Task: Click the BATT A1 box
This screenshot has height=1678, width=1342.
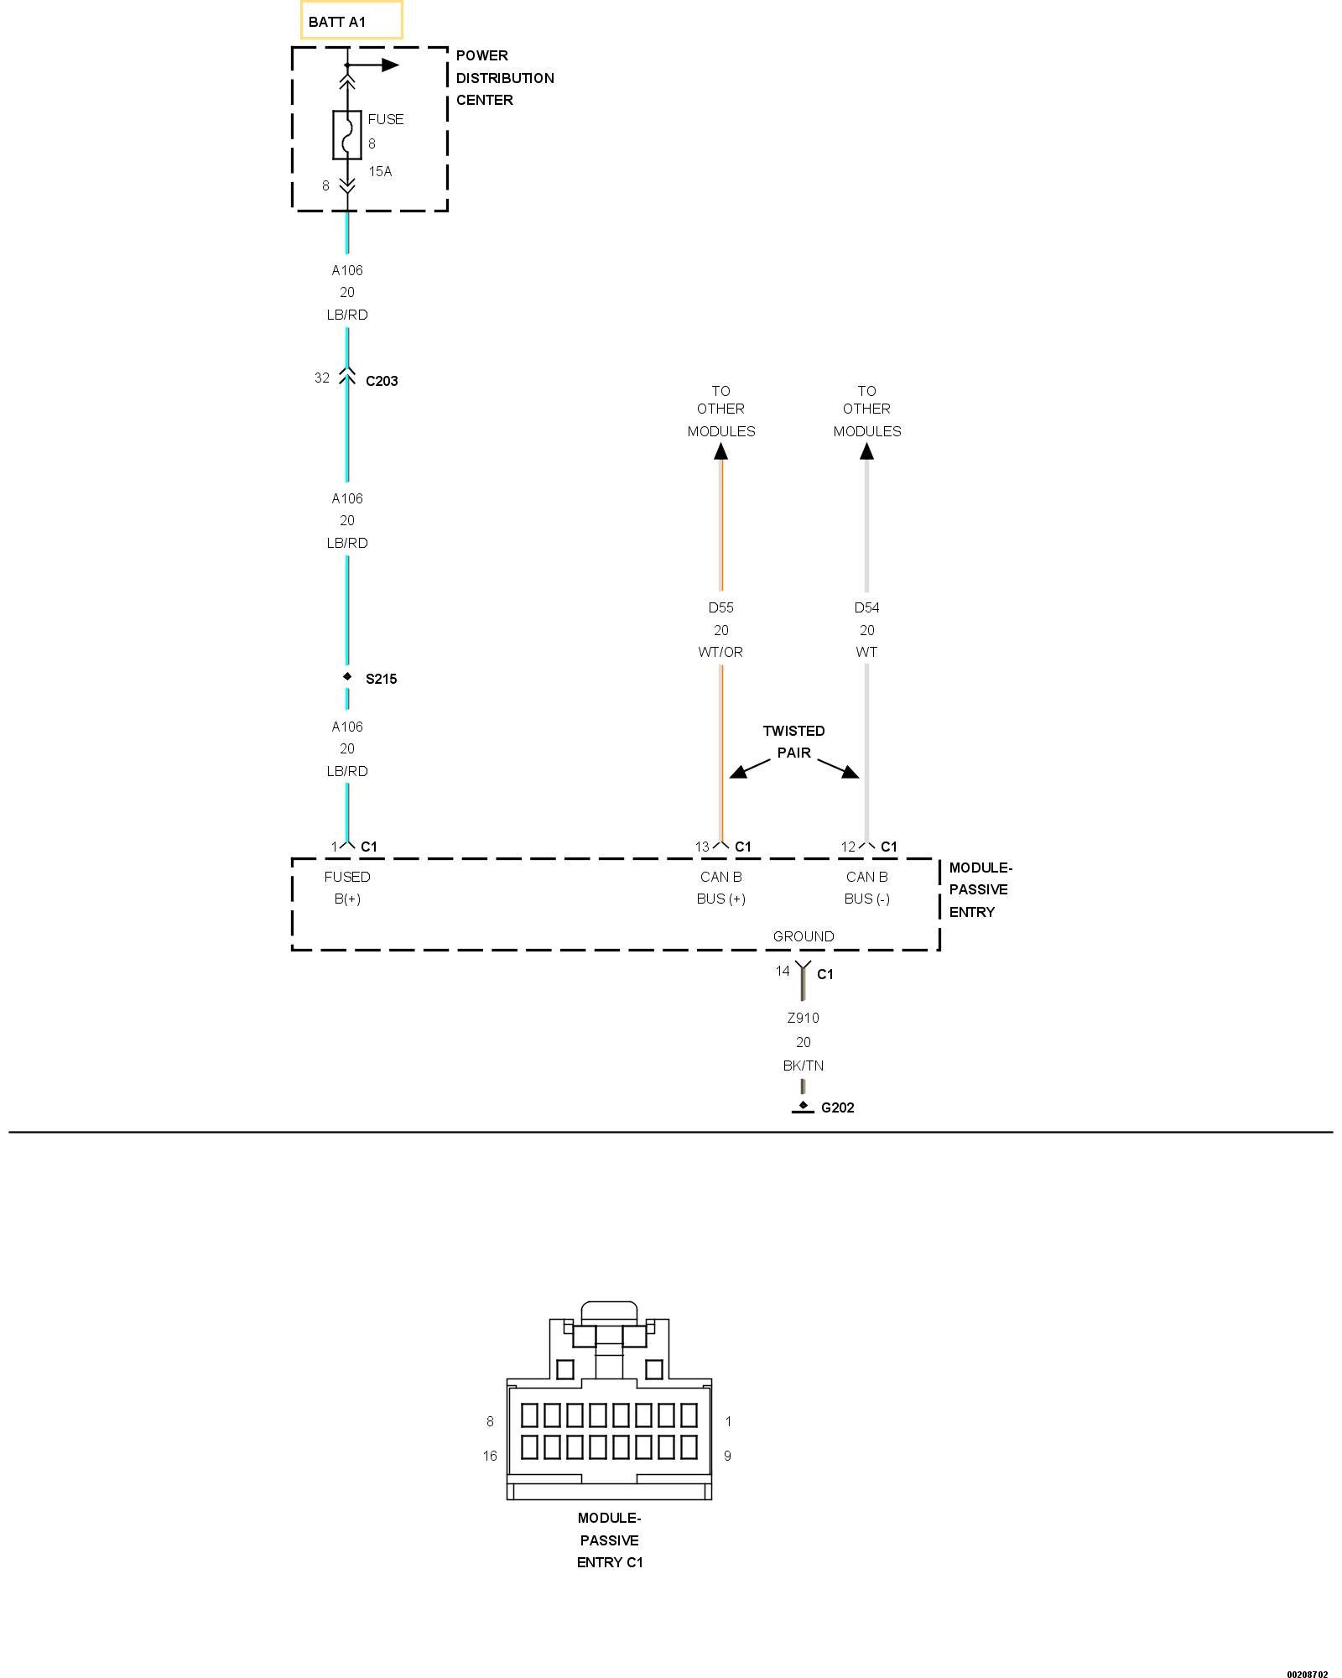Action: click(x=351, y=21)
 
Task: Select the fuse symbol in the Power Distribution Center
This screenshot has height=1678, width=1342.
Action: click(x=347, y=134)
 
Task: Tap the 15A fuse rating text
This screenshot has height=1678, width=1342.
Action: click(x=380, y=171)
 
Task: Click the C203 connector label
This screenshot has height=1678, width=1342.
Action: click(x=382, y=381)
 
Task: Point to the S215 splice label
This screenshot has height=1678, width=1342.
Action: click(x=381, y=679)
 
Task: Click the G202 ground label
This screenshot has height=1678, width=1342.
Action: click(x=837, y=1107)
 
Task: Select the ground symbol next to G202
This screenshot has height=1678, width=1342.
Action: click(x=803, y=1108)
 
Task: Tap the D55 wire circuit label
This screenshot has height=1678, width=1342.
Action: click(x=720, y=607)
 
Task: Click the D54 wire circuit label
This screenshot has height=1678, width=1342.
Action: click(x=866, y=607)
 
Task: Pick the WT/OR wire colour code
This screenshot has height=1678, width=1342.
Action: click(x=720, y=652)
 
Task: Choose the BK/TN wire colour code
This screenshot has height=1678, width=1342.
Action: click(x=804, y=1066)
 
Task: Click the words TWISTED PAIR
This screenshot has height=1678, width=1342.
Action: click(x=793, y=742)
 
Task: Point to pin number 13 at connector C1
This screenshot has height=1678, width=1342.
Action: click(x=702, y=847)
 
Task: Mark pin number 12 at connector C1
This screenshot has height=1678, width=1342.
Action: click(x=848, y=847)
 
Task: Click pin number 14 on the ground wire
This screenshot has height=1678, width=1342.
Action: click(x=783, y=971)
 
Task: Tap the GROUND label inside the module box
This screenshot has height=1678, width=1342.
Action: click(x=804, y=936)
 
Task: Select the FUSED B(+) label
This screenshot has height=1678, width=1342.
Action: click(x=347, y=888)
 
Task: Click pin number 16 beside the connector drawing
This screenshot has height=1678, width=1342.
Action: click(x=490, y=1456)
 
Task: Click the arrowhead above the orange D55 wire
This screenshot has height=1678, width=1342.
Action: click(x=720, y=451)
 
